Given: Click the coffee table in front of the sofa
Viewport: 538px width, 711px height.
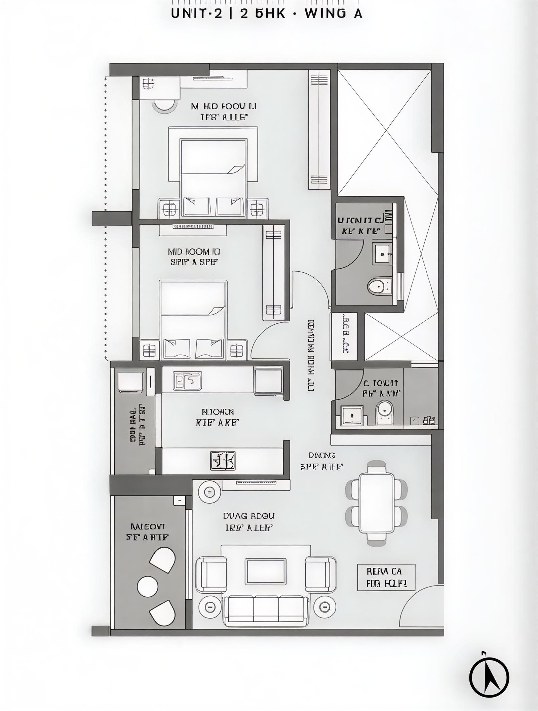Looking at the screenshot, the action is tap(266, 571).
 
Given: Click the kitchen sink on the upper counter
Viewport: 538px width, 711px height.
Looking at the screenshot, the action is tap(187, 381).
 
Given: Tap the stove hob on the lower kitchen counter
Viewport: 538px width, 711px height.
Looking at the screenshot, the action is tap(223, 461).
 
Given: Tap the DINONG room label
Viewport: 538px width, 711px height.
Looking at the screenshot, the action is tap(321, 455).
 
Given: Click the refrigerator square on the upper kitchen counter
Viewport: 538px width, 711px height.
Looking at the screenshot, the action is tap(268, 381).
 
